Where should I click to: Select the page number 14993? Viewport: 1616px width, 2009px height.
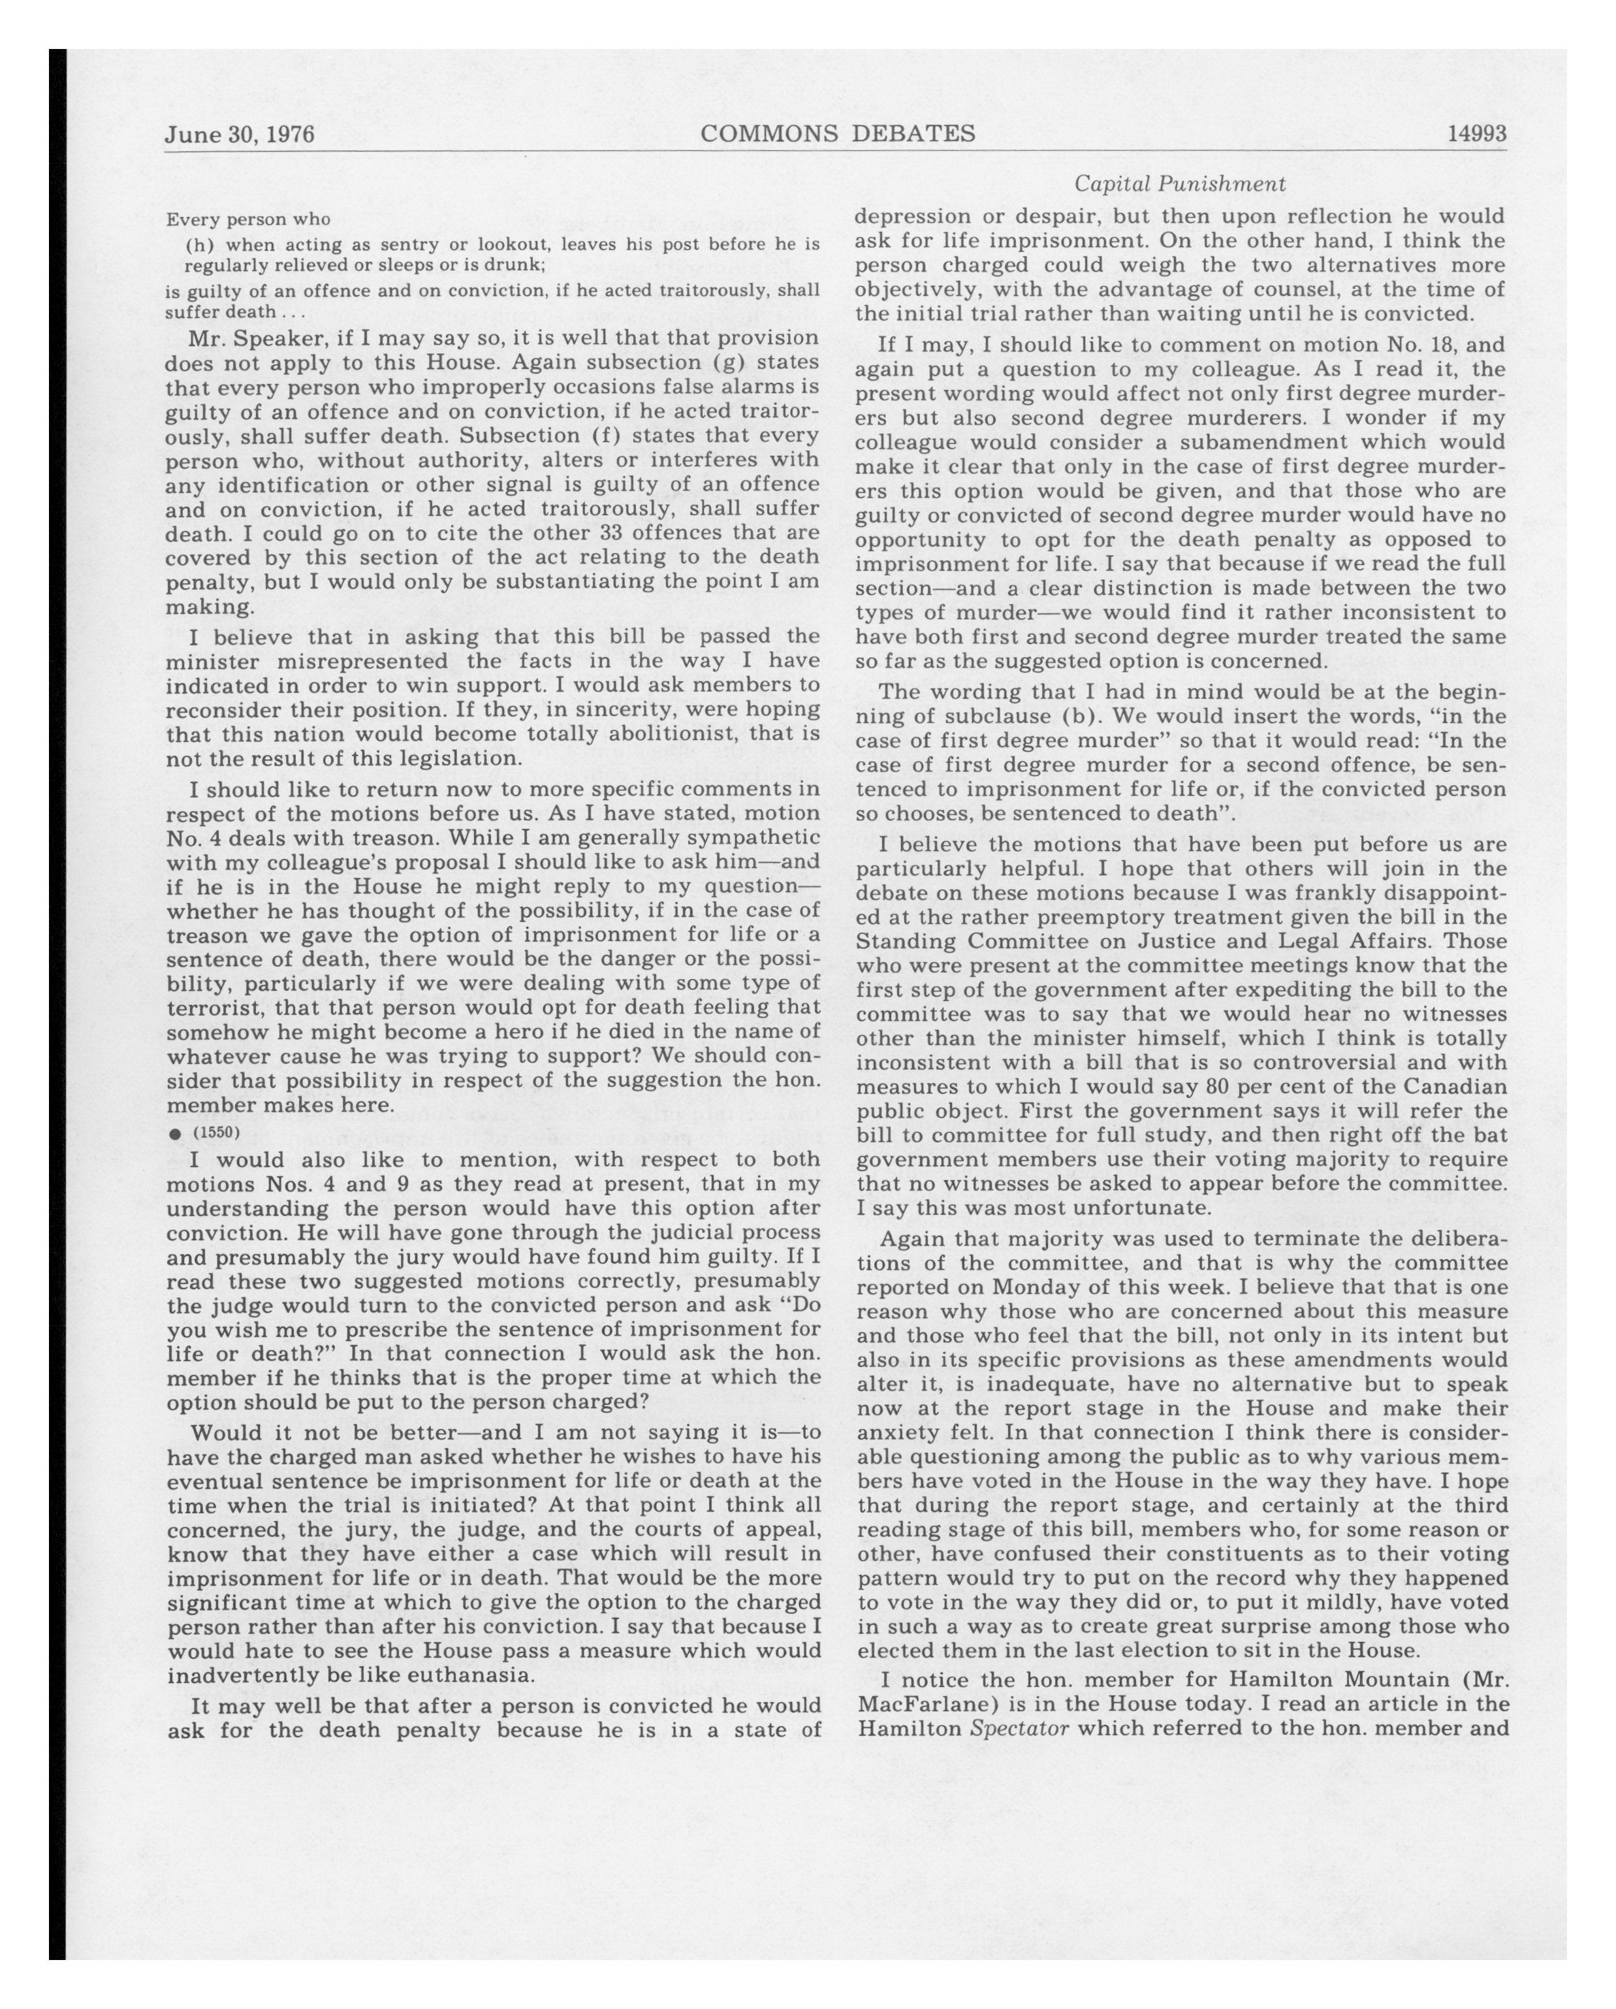[x=1476, y=134]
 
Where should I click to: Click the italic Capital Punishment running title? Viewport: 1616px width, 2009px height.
[x=1180, y=184]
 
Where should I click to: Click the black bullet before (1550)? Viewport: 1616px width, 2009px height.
[x=174, y=1133]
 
